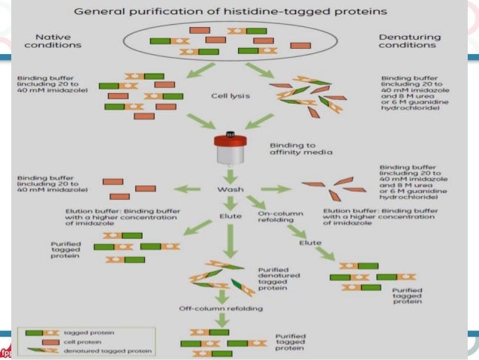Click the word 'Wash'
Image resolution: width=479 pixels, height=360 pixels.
pos(230,189)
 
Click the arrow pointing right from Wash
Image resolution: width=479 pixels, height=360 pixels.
pos(273,189)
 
